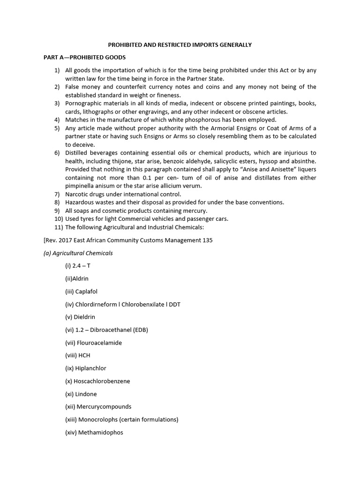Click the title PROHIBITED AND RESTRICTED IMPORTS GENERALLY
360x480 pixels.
click(180, 45)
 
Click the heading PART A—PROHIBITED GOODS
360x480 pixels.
click(84, 57)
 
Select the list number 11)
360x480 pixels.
click(59, 227)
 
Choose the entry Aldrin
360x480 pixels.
click(82, 279)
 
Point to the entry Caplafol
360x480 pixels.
click(86, 292)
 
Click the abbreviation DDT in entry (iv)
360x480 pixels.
click(174, 304)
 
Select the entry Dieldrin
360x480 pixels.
click(84, 317)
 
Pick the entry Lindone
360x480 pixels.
click(85, 394)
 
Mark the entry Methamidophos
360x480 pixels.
click(101, 432)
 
